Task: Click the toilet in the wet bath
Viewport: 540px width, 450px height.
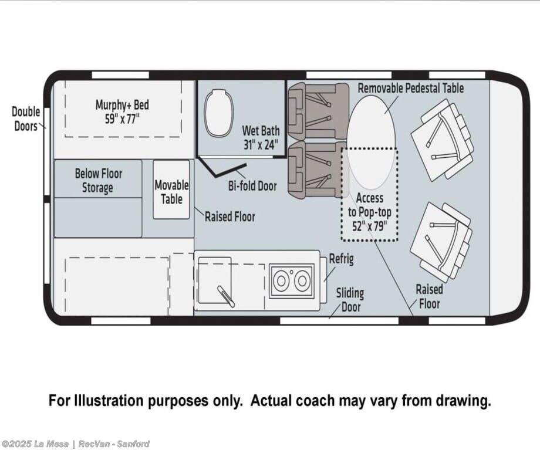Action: click(x=218, y=113)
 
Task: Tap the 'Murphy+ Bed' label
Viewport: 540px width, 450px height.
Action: click(x=122, y=104)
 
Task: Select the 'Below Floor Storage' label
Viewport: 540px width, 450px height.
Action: click(x=99, y=181)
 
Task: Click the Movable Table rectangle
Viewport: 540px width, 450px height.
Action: click(x=171, y=190)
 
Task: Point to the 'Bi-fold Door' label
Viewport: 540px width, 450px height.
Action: click(x=252, y=186)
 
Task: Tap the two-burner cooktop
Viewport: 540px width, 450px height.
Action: click(x=292, y=281)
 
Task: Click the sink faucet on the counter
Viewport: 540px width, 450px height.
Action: click(x=226, y=296)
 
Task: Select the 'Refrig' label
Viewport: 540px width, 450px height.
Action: click(x=341, y=259)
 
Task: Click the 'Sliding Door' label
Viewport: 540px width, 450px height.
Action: click(x=350, y=300)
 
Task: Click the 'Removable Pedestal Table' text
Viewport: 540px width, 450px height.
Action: click(x=410, y=88)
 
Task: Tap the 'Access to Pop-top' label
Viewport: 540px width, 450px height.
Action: click(x=370, y=205)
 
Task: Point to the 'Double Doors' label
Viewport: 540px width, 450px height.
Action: click(x=26, y=119)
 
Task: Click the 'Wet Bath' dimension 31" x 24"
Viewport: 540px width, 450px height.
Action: click(x=261, y=144)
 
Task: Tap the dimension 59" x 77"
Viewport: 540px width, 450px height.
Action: click(x=122, y=119)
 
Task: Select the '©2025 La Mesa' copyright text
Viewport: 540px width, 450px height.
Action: click(x=35, y=444)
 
